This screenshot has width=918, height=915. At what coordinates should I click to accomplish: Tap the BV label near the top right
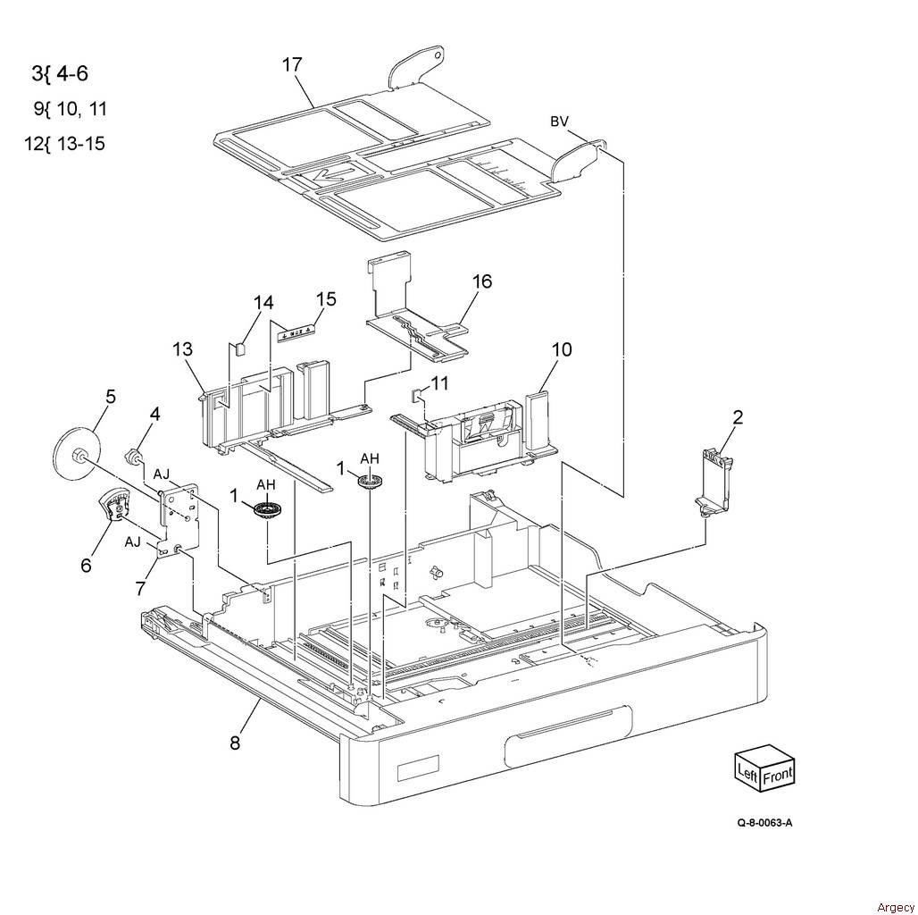(x=559, y=122)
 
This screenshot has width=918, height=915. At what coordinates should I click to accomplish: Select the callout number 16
(x=482, y=281)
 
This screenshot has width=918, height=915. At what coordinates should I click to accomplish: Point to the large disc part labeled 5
(x=76, y=455)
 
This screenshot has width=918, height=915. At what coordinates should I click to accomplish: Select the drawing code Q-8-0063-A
(x=764, y=822)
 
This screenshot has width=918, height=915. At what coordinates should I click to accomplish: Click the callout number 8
(x=235, y=743)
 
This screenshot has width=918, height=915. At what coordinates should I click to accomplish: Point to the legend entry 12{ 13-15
(x=64, y=144)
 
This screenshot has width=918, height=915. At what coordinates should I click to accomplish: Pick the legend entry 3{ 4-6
(x=60, y=74)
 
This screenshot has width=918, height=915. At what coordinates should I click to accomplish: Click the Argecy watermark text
(x=895, y=907)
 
